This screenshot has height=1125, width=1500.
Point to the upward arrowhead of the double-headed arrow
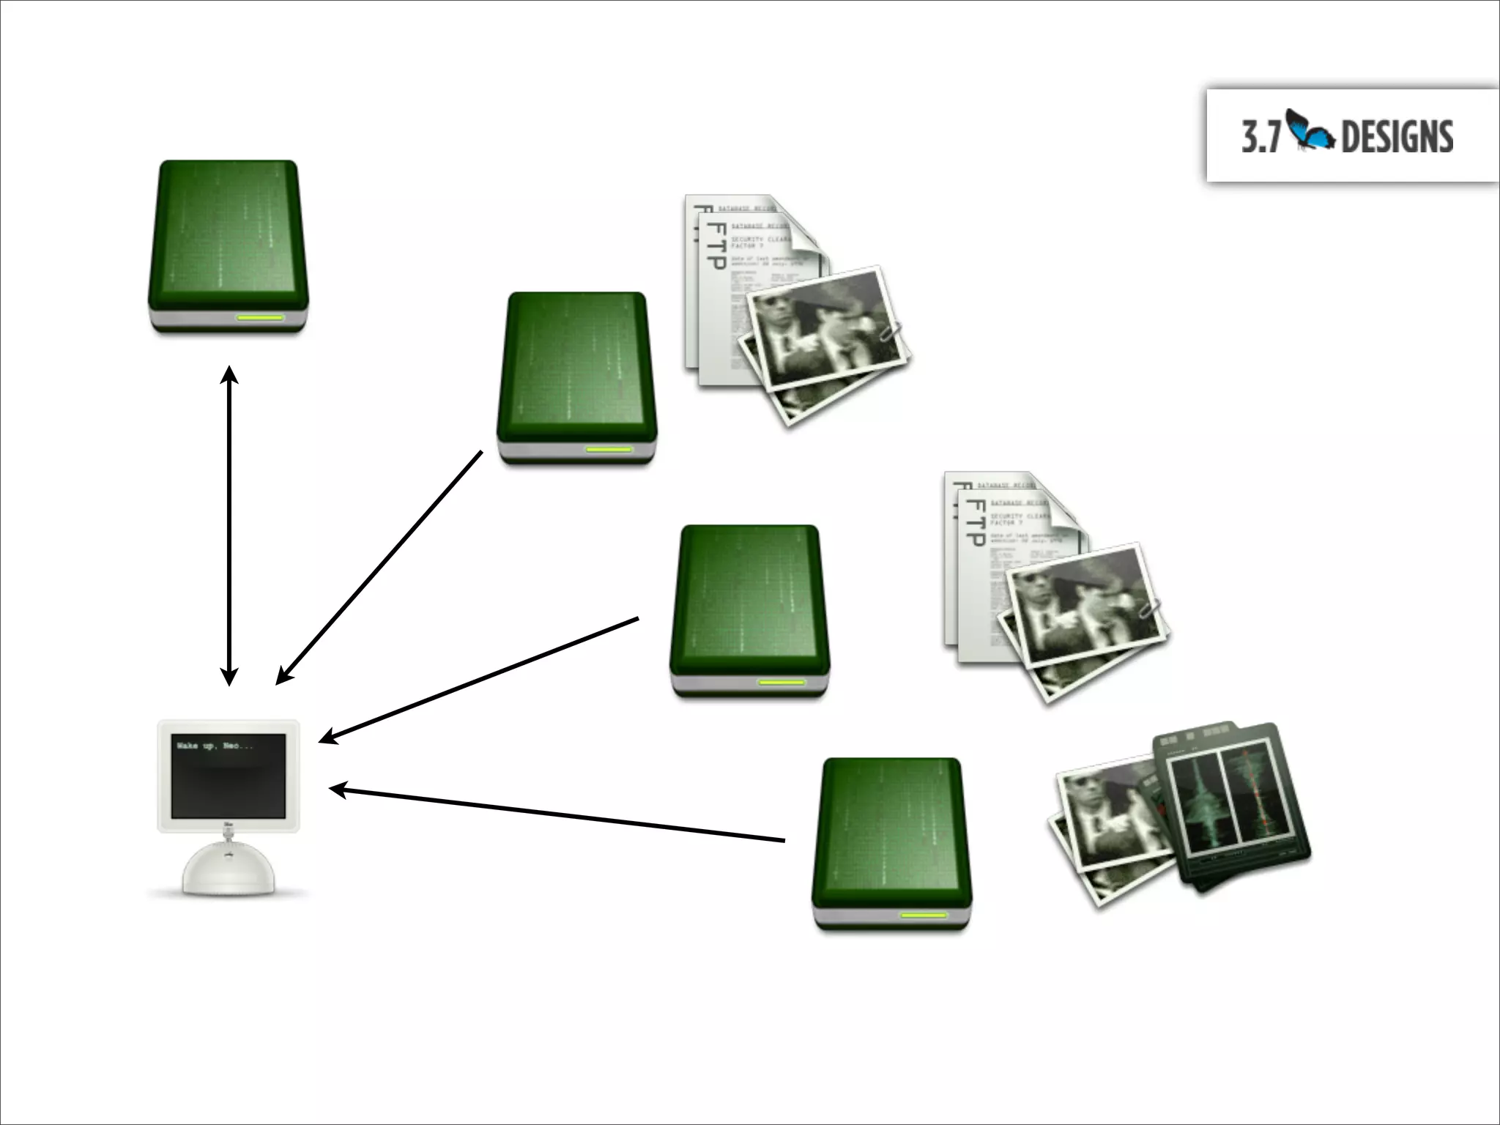[x=230, y=375]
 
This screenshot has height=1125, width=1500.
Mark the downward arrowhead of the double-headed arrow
[x=230, y=677]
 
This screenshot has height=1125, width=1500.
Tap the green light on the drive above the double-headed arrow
[x=259, y=319]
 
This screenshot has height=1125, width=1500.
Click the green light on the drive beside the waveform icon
[x=924, y=916]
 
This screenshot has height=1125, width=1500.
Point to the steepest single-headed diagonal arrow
[x=379, y=568]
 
